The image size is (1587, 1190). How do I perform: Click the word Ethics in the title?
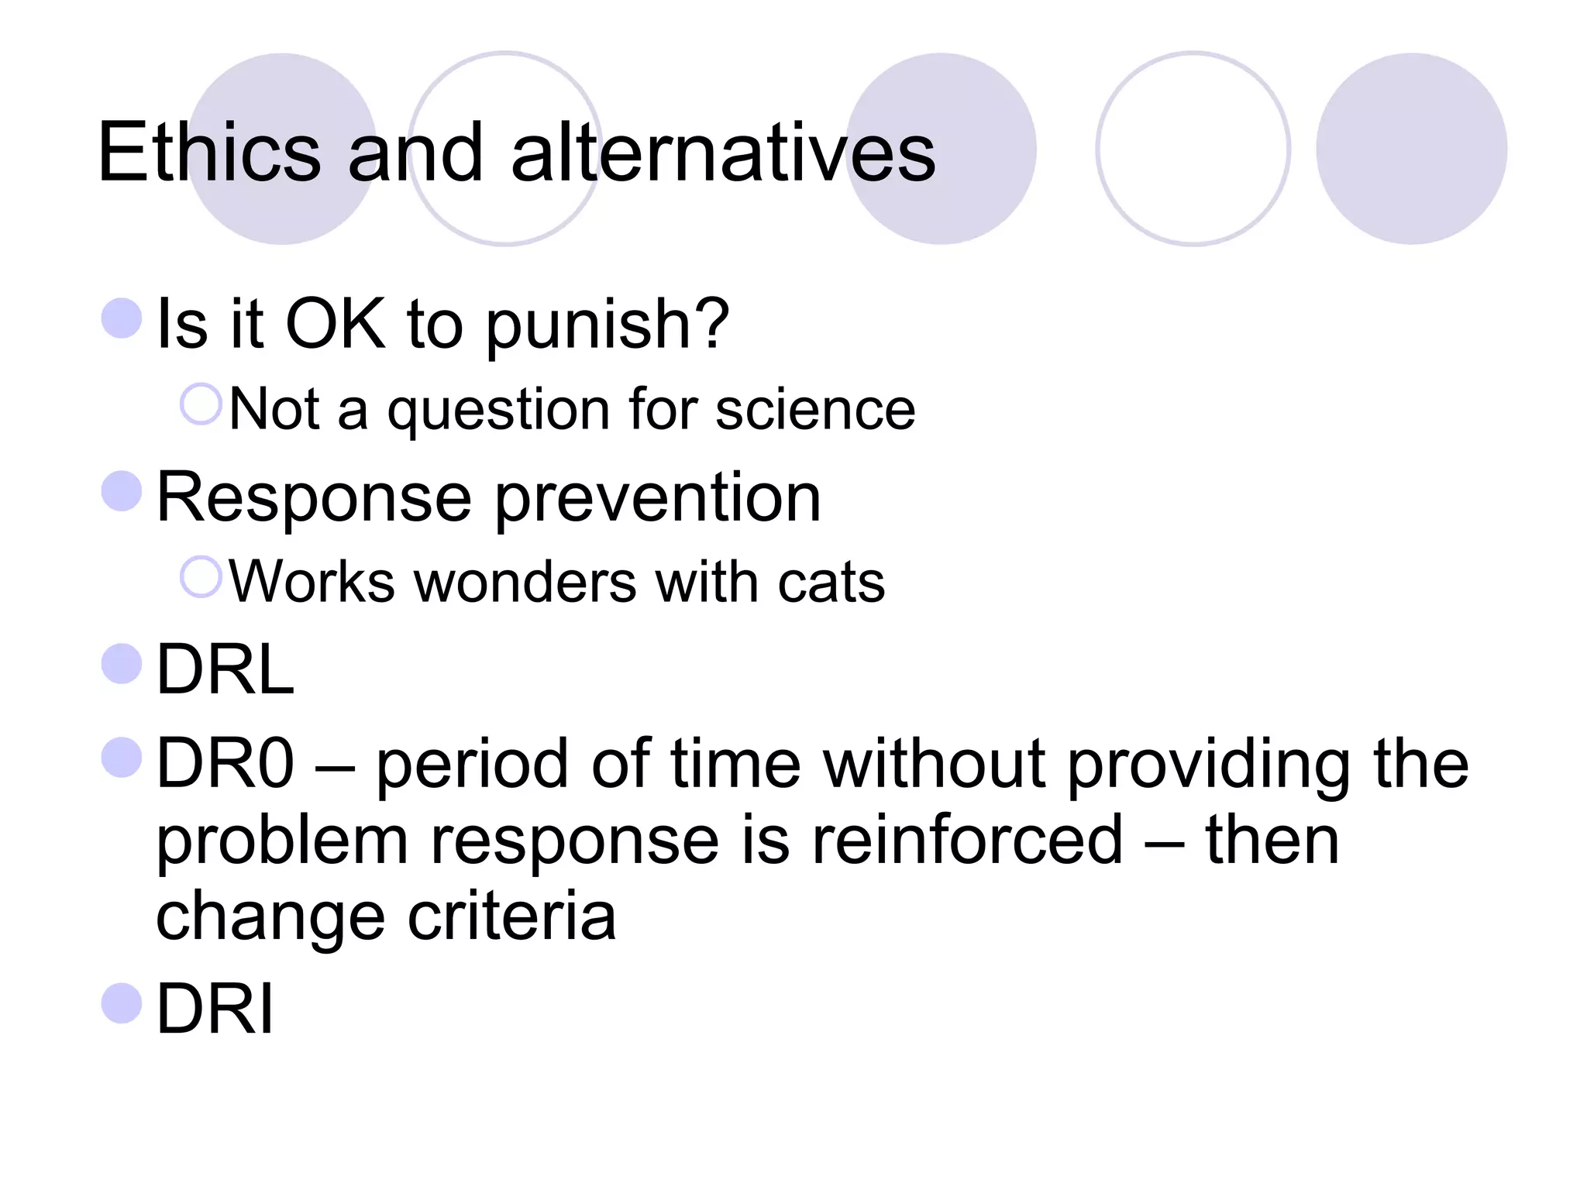click(x=209, y=153)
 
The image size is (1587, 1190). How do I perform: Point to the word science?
click(x=815, y=410)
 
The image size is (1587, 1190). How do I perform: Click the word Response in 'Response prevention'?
click(x=314, y=498)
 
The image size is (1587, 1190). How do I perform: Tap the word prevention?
click(x=658, y=498)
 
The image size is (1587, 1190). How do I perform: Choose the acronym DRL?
click(x=225, y=670)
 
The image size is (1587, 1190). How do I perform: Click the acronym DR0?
click(x=225, y=764)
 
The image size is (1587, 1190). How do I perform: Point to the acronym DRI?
click(x=215, y=1009)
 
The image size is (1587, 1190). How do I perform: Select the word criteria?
click(x=512, y=917)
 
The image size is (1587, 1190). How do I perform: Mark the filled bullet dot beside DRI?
click(x=122, y=1003)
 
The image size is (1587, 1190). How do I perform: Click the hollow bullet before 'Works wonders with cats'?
click(x=201, y=576)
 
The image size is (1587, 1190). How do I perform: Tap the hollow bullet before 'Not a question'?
click(x=201, y=404)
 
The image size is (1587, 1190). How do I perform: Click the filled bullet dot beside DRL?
click(x=122, y=664)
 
